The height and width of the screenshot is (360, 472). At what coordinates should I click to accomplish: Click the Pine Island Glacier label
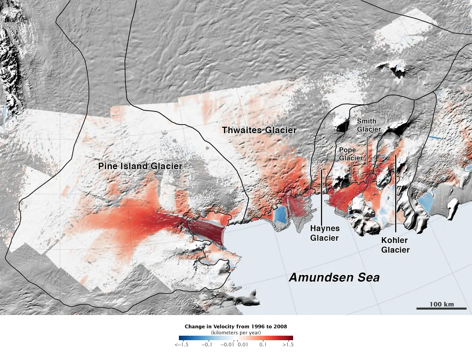tap(140, 166)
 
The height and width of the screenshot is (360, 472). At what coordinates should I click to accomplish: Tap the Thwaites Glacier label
tap(259, 130)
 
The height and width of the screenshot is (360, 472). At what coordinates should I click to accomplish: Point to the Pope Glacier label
tap(351, 154)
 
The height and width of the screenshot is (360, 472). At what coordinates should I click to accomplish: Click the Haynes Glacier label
tap(325, 233)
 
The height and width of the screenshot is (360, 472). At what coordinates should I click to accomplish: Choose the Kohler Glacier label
tap(396, 245)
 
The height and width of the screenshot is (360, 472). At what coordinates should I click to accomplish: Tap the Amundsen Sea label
tap(334, 278)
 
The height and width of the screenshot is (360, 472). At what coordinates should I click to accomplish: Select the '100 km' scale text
tap(441, 304)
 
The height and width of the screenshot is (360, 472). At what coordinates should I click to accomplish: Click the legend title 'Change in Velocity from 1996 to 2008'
tap(236, 326)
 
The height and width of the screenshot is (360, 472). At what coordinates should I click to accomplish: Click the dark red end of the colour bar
tap(290, 338)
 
